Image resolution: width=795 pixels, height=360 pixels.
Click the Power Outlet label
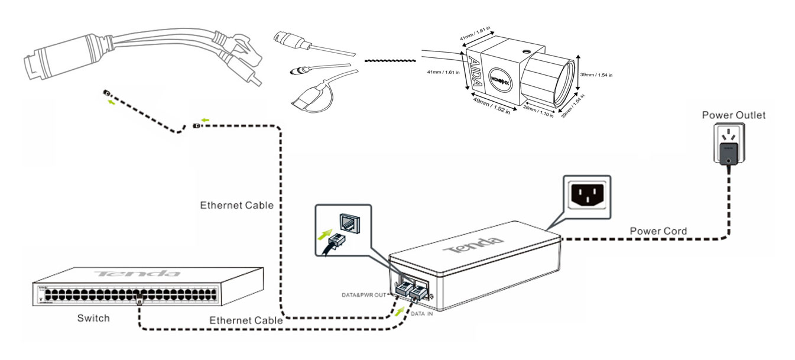pos(733,115)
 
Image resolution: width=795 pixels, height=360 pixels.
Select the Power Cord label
pos(658,231)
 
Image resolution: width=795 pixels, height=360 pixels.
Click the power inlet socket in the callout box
pos(586,193)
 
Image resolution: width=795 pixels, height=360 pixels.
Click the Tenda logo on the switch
pos(137,274)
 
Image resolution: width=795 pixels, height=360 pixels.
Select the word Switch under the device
pos(93,319)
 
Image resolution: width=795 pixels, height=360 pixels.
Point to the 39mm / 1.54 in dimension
pos(596,75)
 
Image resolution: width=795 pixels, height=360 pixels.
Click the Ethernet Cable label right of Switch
pos(246,320)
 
